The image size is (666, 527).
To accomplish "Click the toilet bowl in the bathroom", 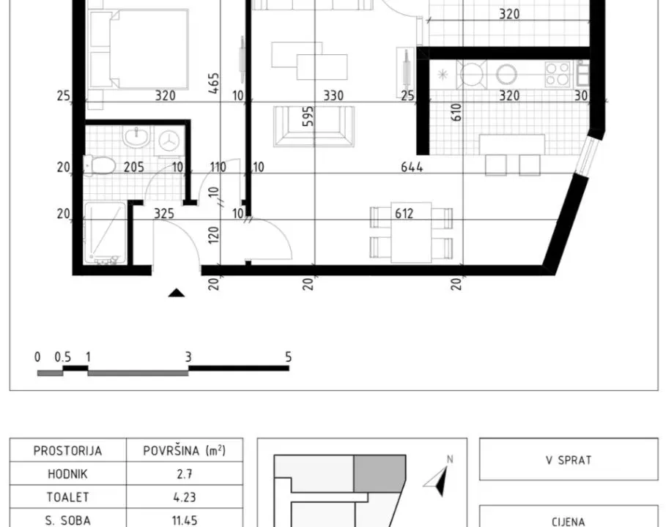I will [x=100, y=166].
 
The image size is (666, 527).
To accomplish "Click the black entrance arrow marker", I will [x=176, y=293].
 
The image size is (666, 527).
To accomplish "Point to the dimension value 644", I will [x=412, y=168].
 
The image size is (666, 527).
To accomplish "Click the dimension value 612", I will [x=404, y=214].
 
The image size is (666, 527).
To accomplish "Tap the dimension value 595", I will [x=308, y=117].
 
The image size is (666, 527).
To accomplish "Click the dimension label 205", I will [x=133, y=168].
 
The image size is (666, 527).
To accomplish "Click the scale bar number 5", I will [x=288, y=357].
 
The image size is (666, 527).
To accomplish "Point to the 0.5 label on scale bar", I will [x=63, y=357].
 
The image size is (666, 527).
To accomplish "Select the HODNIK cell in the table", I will [x=67, y=474].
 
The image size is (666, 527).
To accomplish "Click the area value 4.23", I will [x=175, y=497].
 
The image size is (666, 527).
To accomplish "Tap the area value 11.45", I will [x=175, y=520].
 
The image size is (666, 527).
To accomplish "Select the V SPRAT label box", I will [x=569, y=460].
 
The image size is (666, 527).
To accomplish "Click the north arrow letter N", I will [x=451, y=459].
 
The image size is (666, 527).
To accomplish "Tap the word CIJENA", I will [x=569, y=521].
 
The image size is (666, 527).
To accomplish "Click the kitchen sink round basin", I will [x=506, y=73].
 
